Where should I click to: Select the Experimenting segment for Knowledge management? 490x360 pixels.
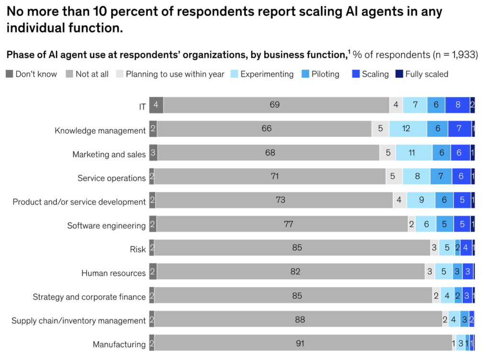407,129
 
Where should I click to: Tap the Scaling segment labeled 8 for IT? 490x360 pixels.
457,105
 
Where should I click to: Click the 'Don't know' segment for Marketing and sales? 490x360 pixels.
153,153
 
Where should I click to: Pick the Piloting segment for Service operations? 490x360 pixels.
441,176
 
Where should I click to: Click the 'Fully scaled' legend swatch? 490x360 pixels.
400,74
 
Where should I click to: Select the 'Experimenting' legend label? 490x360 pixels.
267,74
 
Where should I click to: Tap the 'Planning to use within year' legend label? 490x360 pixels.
175,74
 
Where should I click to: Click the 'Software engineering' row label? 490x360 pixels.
106,225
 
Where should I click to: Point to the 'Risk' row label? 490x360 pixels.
138,249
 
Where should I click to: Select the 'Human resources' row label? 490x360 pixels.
113,273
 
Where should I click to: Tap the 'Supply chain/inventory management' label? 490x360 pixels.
78,321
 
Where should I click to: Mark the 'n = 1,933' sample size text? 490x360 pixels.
454,55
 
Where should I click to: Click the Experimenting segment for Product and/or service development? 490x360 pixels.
421,200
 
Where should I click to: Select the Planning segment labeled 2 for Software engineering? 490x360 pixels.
412,224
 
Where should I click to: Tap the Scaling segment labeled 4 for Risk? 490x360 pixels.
466,248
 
